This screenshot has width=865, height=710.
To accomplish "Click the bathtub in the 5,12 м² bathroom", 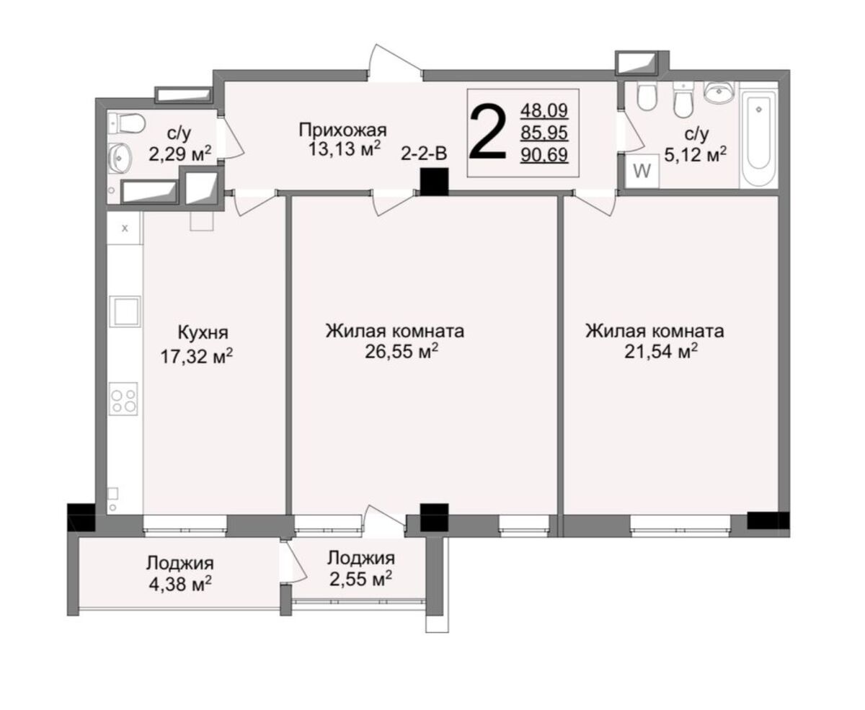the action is (x=758, y=139).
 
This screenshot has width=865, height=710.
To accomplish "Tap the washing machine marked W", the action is (x=642, y=172).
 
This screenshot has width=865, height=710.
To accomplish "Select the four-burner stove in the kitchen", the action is (x=123, y=399).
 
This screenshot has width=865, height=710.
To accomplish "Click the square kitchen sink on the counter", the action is (x=125, y=311).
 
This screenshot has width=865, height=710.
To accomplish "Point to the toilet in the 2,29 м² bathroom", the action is (x=127, y=123).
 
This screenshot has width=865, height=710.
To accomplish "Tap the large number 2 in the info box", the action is (x=488, y=132).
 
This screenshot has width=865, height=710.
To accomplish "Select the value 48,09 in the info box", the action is (x=544, y=111).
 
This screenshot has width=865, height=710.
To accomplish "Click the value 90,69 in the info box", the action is (x=544, y=155).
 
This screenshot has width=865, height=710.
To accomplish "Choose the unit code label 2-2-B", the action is (x=424, y=154).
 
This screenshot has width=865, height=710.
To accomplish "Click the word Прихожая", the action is (x=342, y=130).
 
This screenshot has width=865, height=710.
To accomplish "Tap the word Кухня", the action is (x=203, y=332).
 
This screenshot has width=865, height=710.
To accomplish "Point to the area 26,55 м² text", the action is (x=401, y=352).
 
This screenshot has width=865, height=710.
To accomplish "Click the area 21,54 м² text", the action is (x=660, y=352).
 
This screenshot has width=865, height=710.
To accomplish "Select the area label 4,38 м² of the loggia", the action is (x=180, y=585).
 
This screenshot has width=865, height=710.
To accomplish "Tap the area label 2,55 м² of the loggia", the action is (x=360, y=579).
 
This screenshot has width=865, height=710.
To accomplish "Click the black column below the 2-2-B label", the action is (x=435, y=182).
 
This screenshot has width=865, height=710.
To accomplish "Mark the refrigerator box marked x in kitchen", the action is (x=125, y=228).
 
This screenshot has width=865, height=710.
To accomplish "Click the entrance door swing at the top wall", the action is (x=394, y=61).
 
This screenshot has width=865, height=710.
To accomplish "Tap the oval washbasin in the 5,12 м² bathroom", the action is (x=719, y=92).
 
